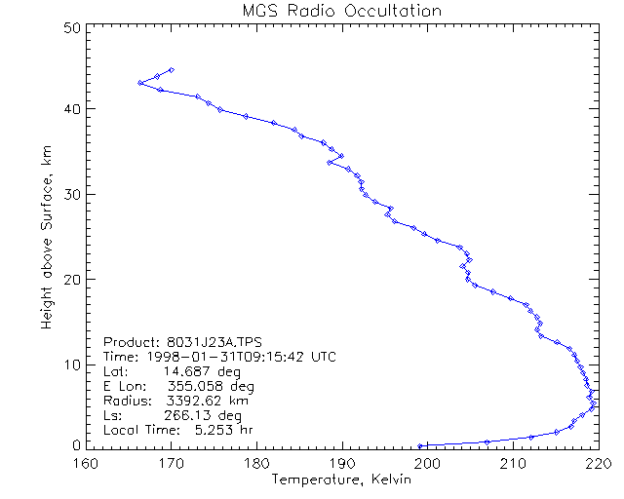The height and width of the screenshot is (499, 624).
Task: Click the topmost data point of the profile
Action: click(172, 70)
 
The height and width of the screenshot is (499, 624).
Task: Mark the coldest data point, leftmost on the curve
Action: click(140, 83)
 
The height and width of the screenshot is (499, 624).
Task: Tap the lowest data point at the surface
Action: click(420, 445)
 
